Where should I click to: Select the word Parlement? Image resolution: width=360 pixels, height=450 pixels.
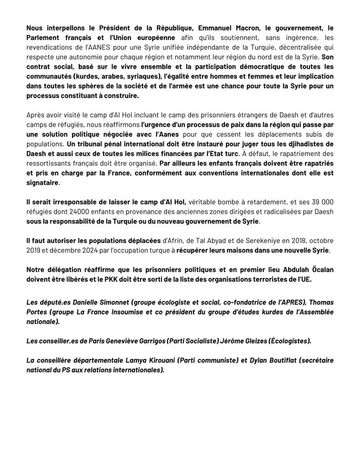point(43,38)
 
